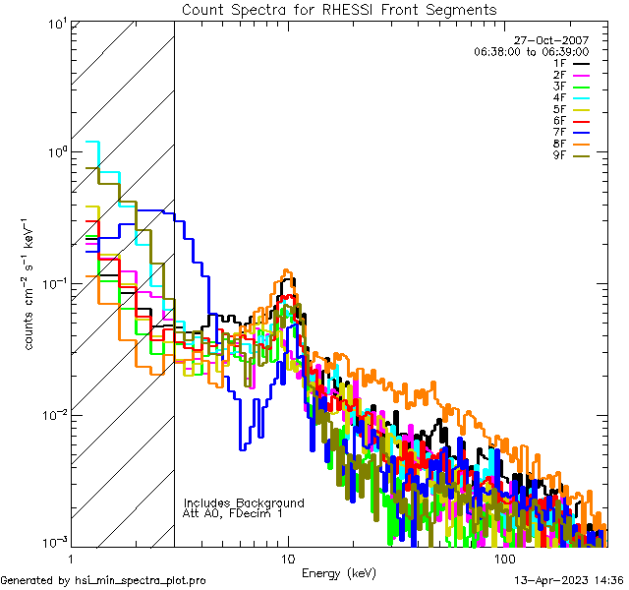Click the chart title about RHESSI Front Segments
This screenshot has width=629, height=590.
339,9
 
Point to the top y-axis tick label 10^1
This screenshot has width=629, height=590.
56,23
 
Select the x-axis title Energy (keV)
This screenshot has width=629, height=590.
339,572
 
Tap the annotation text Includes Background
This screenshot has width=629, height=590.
244,503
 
